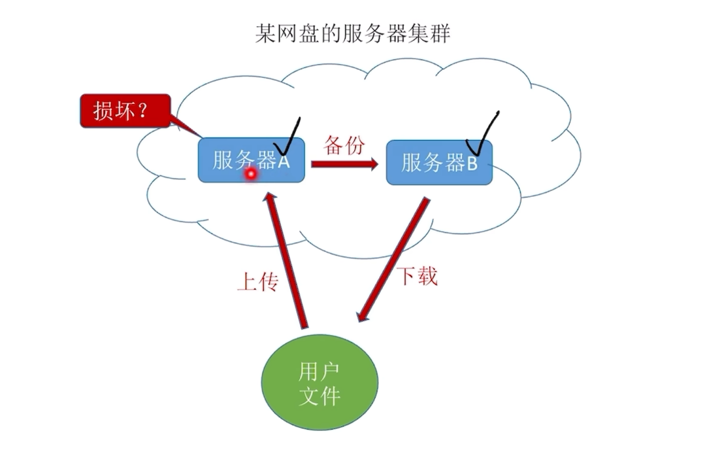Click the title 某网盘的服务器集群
click(x=352, y=33)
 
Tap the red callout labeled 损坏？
click(x=125, y=111)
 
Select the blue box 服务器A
click(x=251, y=160)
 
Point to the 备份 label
click(x=344, y=145)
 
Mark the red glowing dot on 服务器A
click(x=250, y=174)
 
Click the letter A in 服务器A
click(x=283, y=161)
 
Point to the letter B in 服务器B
click(x=472, y=164)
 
